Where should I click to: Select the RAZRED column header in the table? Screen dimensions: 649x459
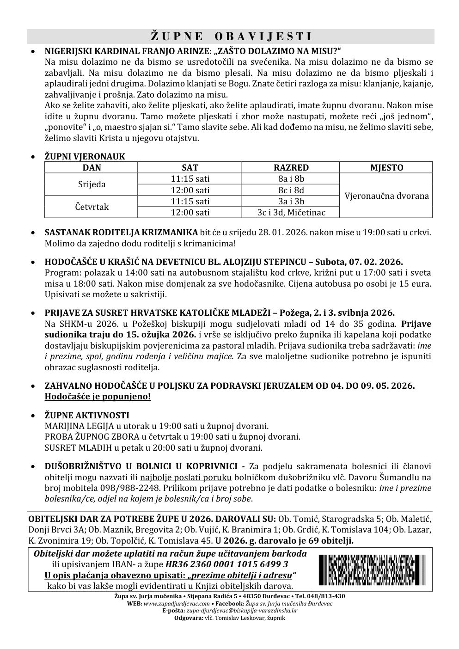[x=291, y=168]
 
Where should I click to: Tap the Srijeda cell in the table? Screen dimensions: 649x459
[x=91, y=184]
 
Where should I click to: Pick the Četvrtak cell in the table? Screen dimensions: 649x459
[x=92, y=207]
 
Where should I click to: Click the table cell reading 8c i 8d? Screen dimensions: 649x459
[x=291, y=190]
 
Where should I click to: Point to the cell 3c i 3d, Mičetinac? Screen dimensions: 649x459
[x=291, y=213]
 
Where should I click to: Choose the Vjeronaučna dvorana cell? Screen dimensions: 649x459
[x=386, y=196]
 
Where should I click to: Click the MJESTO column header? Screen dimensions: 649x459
[x=386, y=168]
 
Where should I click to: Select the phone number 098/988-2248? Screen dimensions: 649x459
[x=136, y=488]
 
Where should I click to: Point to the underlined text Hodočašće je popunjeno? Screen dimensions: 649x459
[x=98, y=397]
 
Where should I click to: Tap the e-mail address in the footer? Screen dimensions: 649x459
[x=237, y=611]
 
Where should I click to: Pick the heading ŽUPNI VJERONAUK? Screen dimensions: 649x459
[x=85, y=157]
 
